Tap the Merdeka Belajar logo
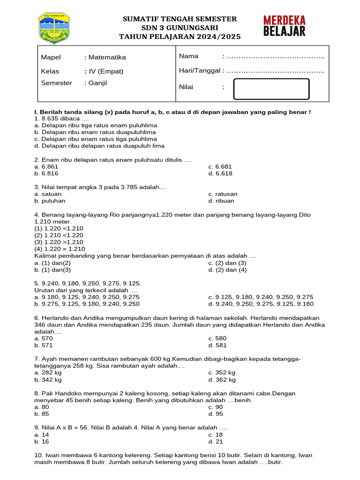pos(284,26)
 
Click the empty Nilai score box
pos(271,89)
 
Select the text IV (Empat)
pos(106,71)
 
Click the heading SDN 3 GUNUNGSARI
pos(180,27)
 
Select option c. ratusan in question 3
pos(223,194)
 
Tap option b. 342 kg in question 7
pos(48,380)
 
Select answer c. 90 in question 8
pos(216,407)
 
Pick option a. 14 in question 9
pos(42,435)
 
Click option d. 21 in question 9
pos(216,442)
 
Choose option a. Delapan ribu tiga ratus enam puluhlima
pos(96,126)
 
